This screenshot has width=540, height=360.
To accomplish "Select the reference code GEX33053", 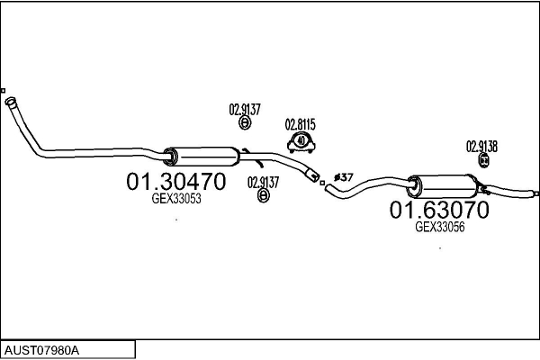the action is pyautogui.click(x=175, y=199).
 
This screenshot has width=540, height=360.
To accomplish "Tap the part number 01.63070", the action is pyautogui.click(x=438, y=211).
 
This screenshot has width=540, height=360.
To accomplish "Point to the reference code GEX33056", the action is pyautogui.click(x=439, y=228).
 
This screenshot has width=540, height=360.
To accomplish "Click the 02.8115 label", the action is pyautogui.click(x=300, y=124).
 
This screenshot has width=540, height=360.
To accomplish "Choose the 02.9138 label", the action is pyautogui.click(x=481, y=146).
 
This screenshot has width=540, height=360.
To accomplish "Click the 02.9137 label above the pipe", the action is pyautogui.click(x=245, y=110).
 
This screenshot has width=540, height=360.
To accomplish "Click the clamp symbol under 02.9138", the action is pyautogui.click(x=483, y=160).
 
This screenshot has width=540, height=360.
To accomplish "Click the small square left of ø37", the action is pyautogui.click(x=322, y=183).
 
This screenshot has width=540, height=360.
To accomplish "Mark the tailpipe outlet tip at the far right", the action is pyautogui.click(x=535, y=192).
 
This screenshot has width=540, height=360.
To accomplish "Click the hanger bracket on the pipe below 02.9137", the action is pyautogui.click(x=257, y=163).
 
